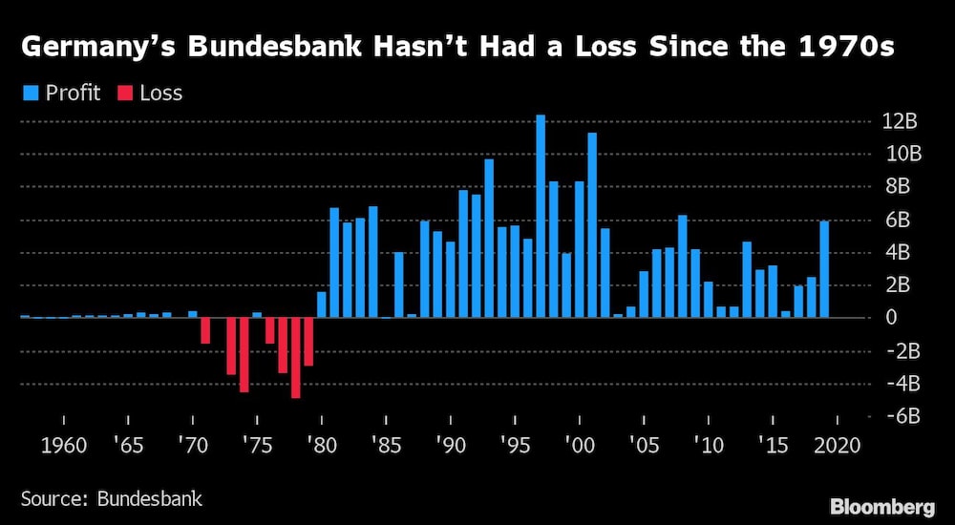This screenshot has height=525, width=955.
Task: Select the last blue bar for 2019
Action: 824,269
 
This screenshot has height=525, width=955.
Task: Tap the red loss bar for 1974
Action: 244,354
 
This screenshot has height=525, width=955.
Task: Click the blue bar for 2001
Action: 592,224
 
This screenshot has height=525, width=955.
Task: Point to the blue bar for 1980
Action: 322,304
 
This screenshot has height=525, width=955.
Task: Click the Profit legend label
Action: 71,93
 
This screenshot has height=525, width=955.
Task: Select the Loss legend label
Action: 160,93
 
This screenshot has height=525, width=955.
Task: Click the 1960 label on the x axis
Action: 64,445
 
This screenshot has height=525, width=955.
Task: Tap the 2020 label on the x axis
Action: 838,445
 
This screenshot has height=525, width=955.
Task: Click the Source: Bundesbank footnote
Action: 112,498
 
